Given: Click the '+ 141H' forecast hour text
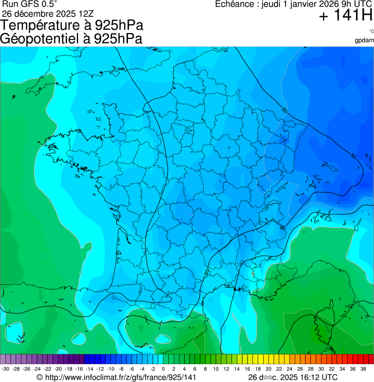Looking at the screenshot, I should click(x=345, y=16).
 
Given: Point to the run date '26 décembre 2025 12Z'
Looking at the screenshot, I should click(x=51, y=13).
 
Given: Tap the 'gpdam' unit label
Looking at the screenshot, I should click(x=364, y=40).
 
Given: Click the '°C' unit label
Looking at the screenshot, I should click(x=371, y=32).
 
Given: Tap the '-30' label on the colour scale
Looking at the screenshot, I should click(x=5, y=368).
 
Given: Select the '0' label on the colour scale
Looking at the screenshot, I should click(x=163, y=368).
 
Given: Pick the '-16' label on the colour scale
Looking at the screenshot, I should click(x=79, y=368).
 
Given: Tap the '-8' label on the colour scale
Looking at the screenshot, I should click(x=121, y=368).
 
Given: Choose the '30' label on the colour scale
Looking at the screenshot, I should click(x=321, y=368).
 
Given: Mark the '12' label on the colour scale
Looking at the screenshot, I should click(x=226, y=368).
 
